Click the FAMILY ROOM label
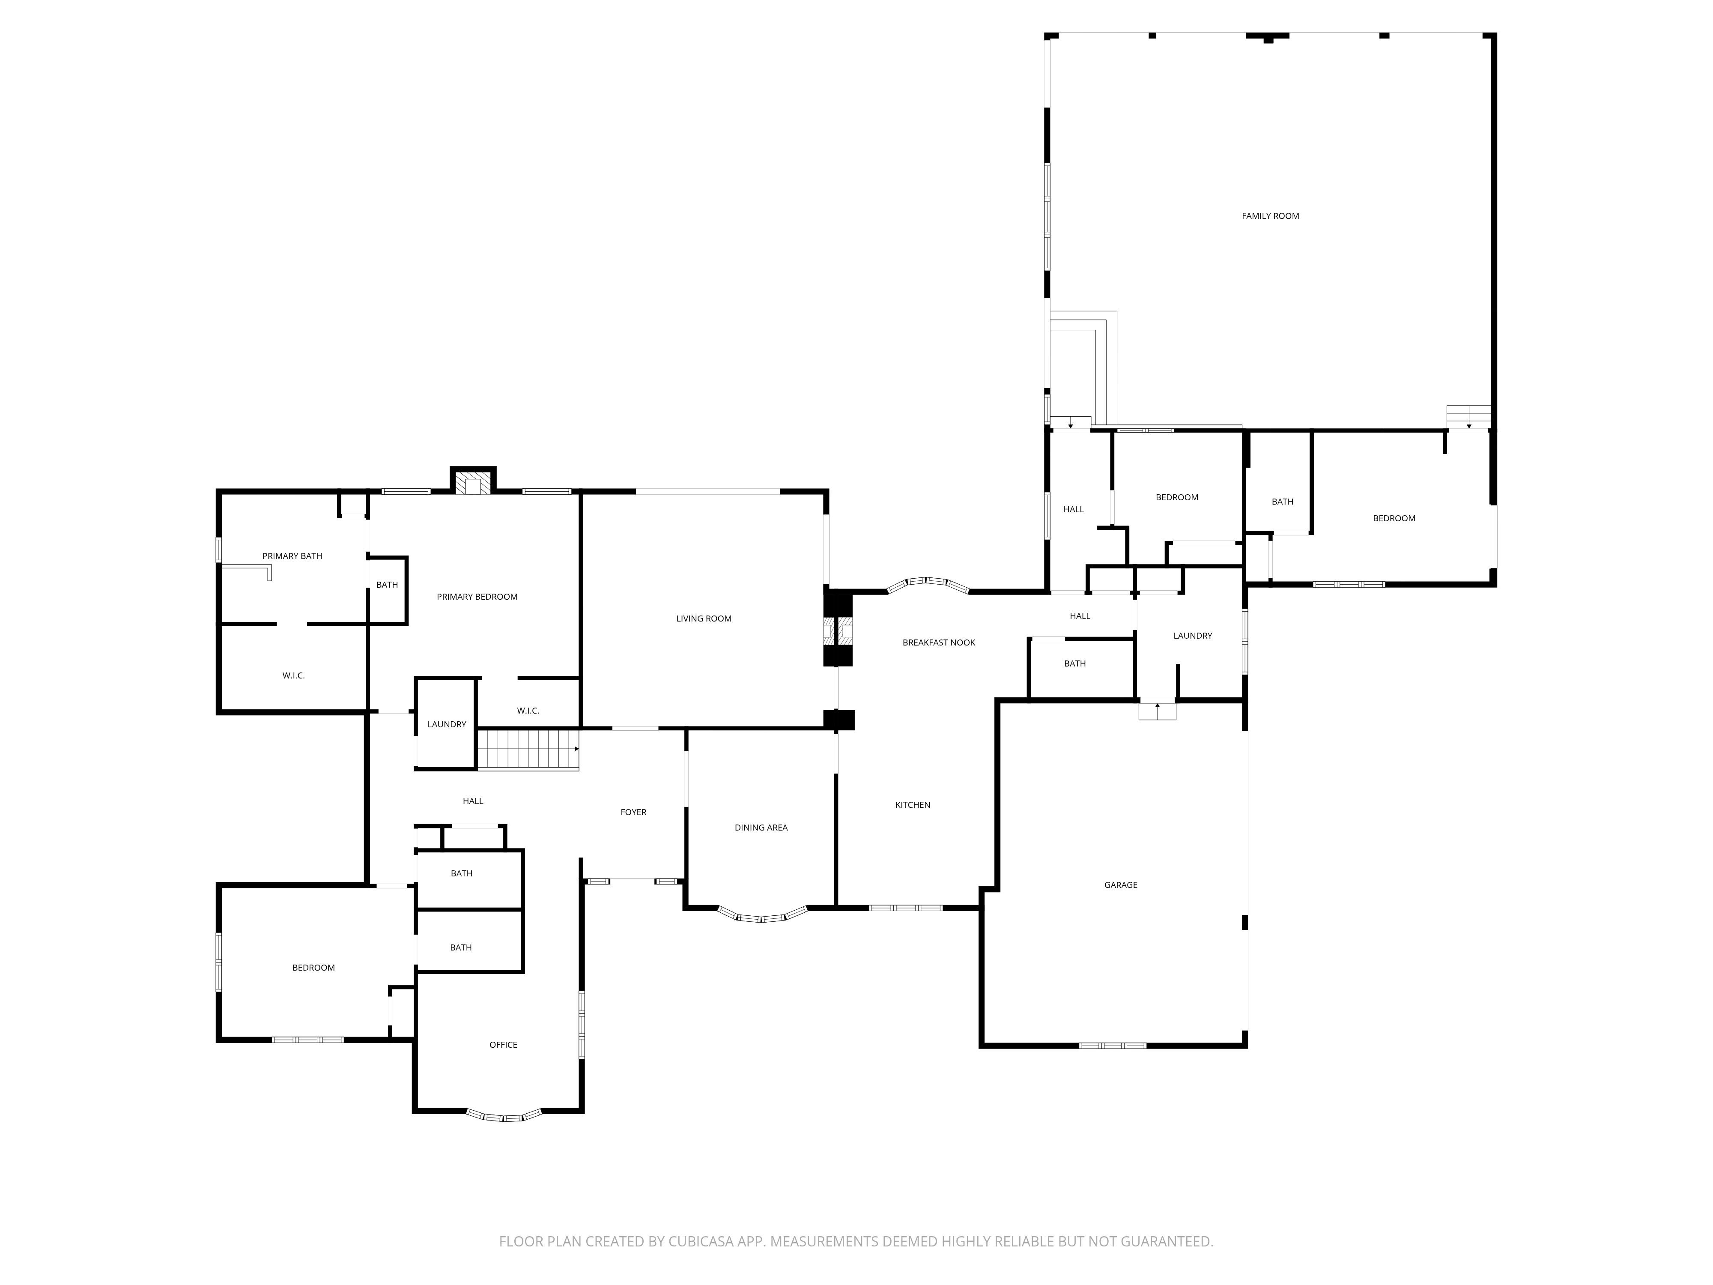pyautogui.click(x=1270, y=216)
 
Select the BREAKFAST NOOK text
pyautogui.click(x=939, y=642)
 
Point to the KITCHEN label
pyautogui.click(x=912, y=805)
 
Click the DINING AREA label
pyautogui.click(x=761, y=827)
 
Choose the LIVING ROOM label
pyautogui.click(x=703, y=618)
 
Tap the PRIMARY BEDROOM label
pyautogui.click(x=477, y=596)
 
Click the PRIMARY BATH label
pyautogui.click(x=292, y=556)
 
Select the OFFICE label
pyautogui.click(x=503, y=1044)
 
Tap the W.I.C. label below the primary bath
pyautogui.click(x=293, y=675)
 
